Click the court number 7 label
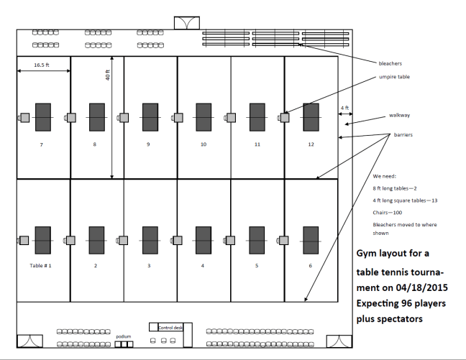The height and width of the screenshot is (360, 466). [x=42, y=145]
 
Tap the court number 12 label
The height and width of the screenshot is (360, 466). [x=311, y=145]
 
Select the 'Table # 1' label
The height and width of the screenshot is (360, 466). [x=40, y=266]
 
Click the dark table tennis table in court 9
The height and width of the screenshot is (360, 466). [x=150, y=117]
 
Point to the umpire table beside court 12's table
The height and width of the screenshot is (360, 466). [x=285, y=117]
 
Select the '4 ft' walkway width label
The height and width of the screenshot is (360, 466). [x=344, y=109]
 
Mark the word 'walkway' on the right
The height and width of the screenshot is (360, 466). [x=399, y=115]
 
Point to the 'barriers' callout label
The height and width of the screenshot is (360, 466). [x=403, y=134]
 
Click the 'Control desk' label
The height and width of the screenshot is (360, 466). [x=170, y=328]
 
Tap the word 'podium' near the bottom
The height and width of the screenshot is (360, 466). [x=123, y=336]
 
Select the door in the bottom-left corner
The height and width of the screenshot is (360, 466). [x=29, y=342]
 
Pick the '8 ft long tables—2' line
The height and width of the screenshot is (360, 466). [x=396, y=187]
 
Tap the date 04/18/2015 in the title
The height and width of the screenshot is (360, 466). [x=405, y=287]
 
